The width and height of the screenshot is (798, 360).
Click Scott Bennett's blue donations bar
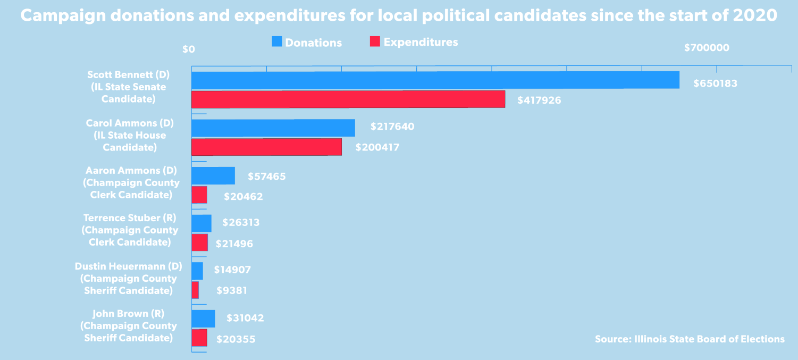[x=435, y=80]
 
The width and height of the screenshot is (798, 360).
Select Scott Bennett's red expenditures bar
[x=348, y=99]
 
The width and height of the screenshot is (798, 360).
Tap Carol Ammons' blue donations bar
[x=273, y=128]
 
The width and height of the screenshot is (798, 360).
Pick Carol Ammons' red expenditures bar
[x=266, y=147]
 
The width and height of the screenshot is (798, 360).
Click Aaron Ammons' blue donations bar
[x=213, y=175]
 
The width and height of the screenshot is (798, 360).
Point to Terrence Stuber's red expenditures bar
[x=199, y=242]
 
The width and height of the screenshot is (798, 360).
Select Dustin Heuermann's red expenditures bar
[x=195, y=290]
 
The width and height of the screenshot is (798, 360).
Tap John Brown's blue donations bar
[x=203, y=319]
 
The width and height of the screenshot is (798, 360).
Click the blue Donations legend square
[x=276, y=41]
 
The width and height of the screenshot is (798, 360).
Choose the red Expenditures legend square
[x=374, y=41]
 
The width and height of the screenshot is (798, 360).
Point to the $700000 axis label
[x=706, y=48]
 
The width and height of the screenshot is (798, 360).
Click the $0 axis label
[x=189, y=49]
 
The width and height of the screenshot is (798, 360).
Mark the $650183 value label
[x=715, y=83]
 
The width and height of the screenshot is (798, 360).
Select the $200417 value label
[x=377, y=147]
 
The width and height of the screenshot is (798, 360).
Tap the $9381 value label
[x=232, y=291]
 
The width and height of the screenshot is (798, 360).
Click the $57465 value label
[x=266, y=176]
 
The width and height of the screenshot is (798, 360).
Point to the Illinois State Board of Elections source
[x=690, y=339]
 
